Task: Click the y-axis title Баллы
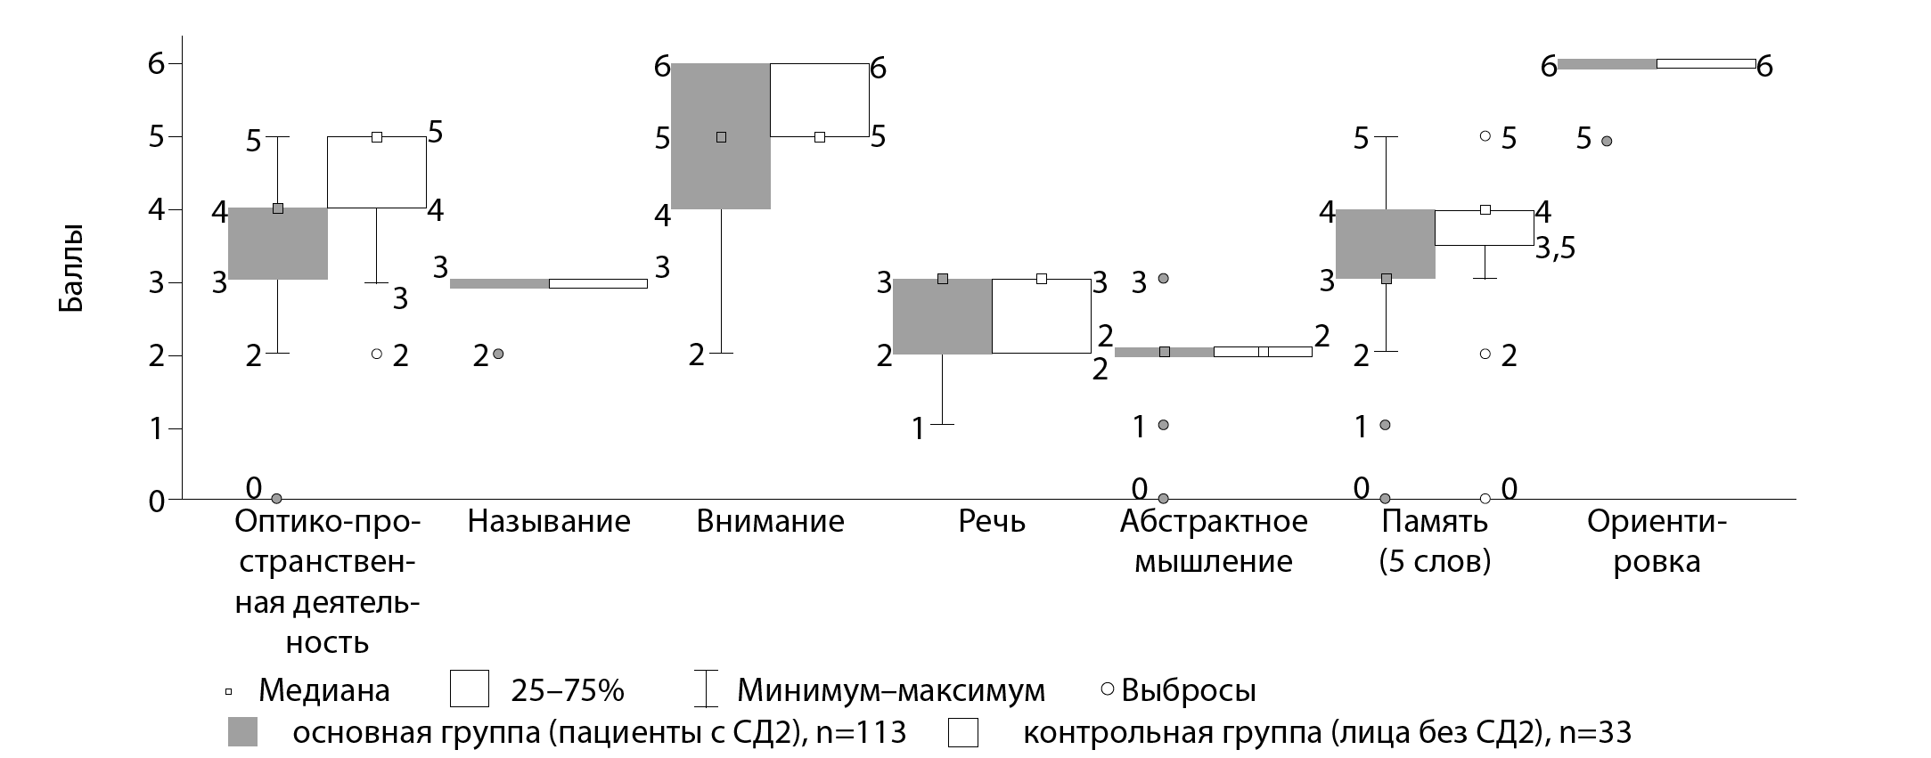(x=71, y=268)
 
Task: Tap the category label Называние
(x=549, y=521)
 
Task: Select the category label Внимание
(x=770, y=521)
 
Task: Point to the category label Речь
(x=992, y=521)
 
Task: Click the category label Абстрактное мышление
(x=1214, y=542)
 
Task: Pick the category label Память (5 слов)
(x=1435, y=542)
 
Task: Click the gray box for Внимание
(x=721, y=169)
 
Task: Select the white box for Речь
(x=1041, y=316)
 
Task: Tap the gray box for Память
(x=1386, y=244)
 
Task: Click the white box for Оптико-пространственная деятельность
(x=377, y=172)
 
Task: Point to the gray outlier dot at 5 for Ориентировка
(x=1607, y=141)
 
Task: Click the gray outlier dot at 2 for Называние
(x=498, y=354)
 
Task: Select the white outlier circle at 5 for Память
(x=1485, y=136)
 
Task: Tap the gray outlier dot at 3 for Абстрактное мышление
(x=1163, y=278)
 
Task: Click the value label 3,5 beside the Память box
(x=1555, y=249)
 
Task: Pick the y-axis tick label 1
(x=156, y=428)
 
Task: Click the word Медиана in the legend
(x=323, y=690)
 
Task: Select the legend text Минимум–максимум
(x=891, y=690)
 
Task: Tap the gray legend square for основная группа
(x=242, y=731)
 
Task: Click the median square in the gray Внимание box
(x=721, y=137)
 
